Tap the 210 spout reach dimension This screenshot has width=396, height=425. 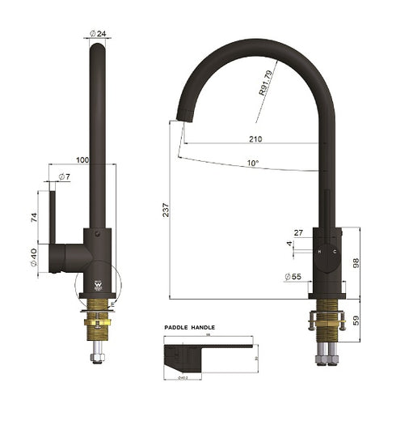(255, 138)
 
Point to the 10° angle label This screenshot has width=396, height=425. (253, 164)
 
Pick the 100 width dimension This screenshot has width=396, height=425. (82, 159)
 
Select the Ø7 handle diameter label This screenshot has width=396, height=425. (63, 176)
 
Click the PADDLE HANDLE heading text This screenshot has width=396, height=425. (190, 328)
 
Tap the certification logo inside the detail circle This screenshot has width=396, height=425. (98, 286)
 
